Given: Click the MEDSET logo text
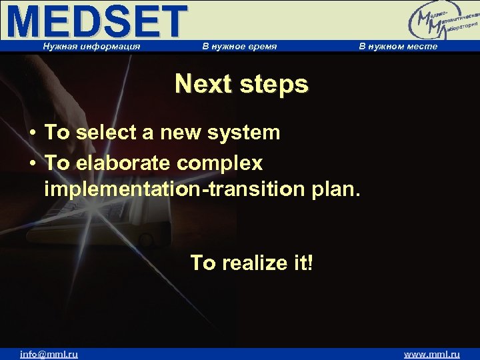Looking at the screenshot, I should [x=97, y=21].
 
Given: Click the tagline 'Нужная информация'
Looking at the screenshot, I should [x=91, y=46].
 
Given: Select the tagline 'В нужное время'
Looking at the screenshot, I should [x=239, y=46].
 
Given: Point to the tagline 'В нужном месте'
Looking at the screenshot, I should [x=398, y=46].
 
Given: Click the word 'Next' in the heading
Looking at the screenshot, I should [x=203, y=85].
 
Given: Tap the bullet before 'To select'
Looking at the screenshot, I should [x=32, y=133].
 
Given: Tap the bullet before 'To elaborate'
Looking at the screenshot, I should [x=32, y=163].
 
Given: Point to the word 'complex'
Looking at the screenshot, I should [x=225, y=163].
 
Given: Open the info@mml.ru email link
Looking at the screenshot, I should [x=49, y=354].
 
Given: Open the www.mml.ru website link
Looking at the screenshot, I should [x=431, y=354].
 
